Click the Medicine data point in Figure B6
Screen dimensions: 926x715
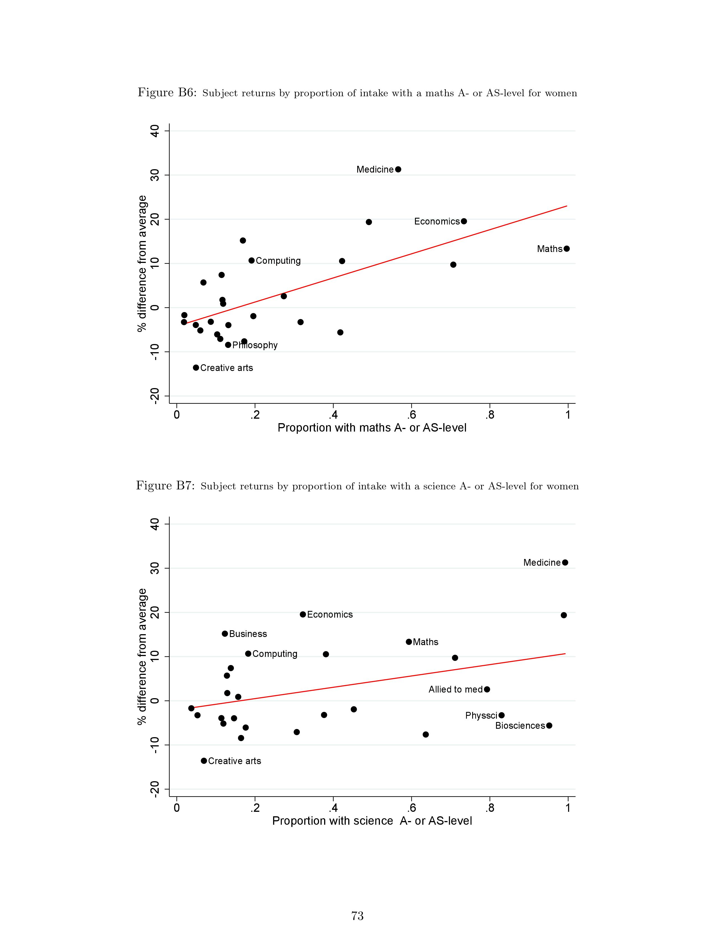tap(398, 169)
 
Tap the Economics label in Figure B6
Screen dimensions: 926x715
tap(436, 221)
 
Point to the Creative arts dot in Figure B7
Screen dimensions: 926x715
tap(204, 761)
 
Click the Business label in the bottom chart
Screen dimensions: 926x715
tap(248, 634)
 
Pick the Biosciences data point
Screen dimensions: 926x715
tap(549, 725)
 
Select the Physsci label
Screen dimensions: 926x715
tap(481, 715)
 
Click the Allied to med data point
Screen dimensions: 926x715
tap(487, 689)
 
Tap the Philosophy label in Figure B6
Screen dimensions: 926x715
tap(255, 345)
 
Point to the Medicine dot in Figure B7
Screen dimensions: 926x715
tap(565, 562)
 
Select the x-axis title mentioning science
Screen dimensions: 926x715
tap(372, 821)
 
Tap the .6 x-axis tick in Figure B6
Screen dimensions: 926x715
tap(411, 415)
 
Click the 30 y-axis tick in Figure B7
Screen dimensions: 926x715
tap(155, 568)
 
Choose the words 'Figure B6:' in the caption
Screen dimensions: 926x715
tap(167, 92)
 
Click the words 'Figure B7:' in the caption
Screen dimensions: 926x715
tap(165, 485)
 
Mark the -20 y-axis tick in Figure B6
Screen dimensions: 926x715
tap(155, 396)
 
